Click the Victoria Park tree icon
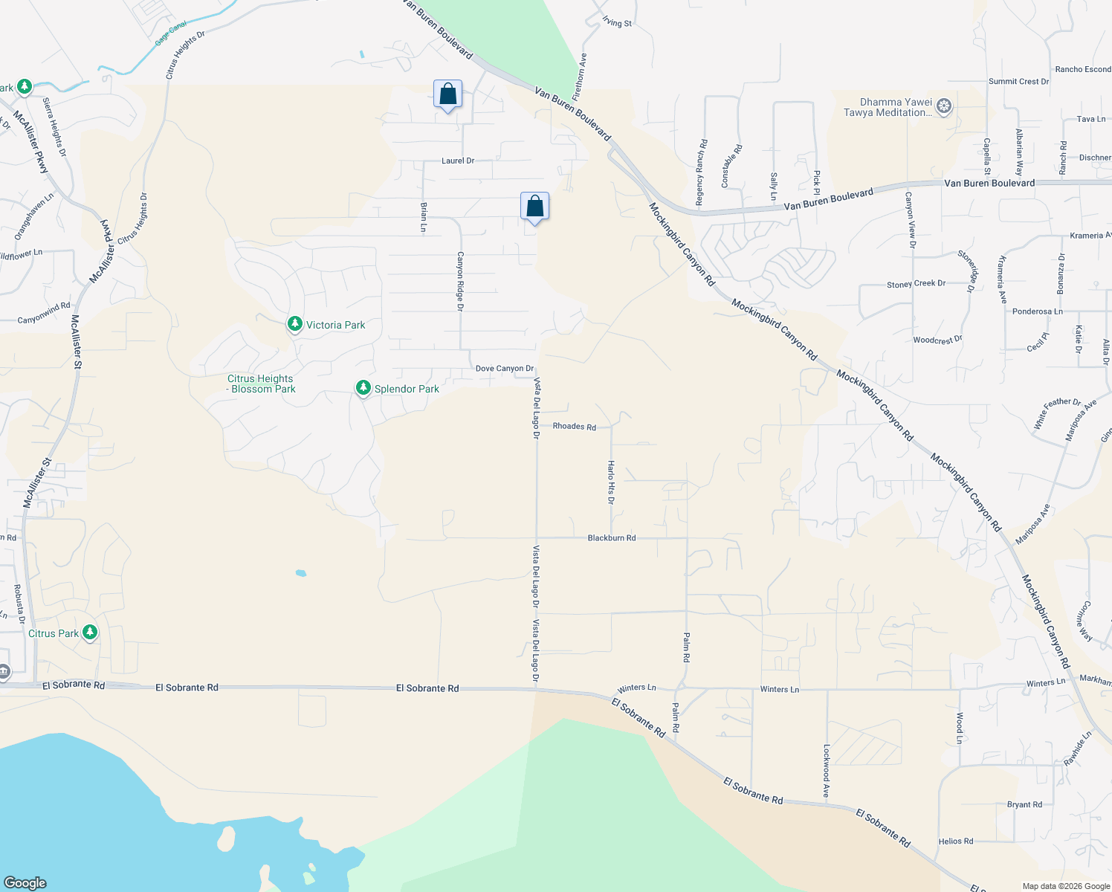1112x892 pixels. click(x=295, y=324)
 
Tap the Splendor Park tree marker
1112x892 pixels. click(x=363, y=388)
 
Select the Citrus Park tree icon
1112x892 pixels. click(x=90, y=633)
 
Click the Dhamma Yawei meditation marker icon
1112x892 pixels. click(x=944, y=106)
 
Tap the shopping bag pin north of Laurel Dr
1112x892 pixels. click(x=447, y=95)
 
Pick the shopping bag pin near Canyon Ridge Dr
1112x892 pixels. click(x=534, y=207)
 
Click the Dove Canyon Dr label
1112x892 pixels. click(x=504, y=369)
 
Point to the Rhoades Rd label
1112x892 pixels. click(x=574, y=427)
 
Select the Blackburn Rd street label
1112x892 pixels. click(x=611, y=537)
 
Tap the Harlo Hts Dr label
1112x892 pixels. click(x=611, y=482)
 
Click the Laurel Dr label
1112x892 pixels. click(x=457, y=161)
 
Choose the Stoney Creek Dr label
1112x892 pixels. click(x=916, y=284)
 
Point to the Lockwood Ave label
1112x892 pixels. click(x=826, y=772)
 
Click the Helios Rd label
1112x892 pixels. click(x=955, y=841)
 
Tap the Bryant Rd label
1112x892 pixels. click(x=1024, y=804)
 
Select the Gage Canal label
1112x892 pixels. click(x=170, y=34)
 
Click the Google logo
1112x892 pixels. click(x=25, y=883)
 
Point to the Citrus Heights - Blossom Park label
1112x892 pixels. click(x=261, y=384)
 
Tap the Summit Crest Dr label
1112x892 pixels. click(x=1018, y=82)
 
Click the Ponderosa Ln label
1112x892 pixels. click(x=1037, y=311)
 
